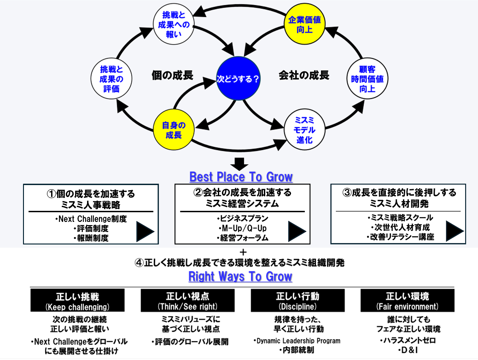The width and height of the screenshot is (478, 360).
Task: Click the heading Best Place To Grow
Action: [241, 177]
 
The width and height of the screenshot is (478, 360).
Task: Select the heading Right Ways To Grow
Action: [240, 277]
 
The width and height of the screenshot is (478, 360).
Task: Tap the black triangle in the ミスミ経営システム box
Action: [297, 231]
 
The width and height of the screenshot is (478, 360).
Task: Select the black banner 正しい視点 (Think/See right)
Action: [187, 301]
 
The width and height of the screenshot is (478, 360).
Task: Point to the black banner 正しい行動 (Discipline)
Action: [297, 301]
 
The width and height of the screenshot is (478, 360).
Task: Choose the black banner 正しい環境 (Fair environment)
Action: [407, 301]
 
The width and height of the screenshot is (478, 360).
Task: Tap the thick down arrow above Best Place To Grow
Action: [239, 163]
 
